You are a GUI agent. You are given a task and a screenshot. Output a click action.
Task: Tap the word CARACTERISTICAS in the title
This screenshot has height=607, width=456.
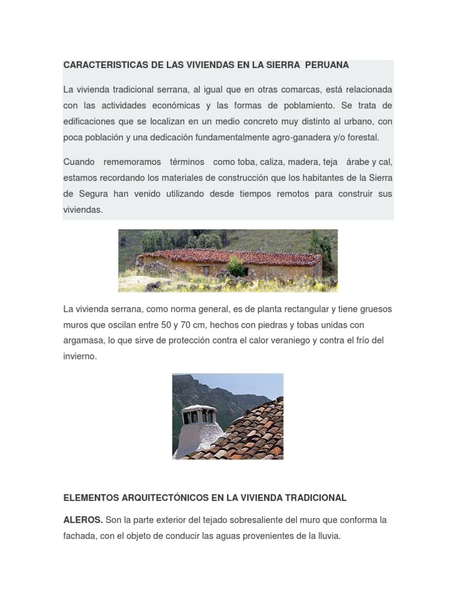100,65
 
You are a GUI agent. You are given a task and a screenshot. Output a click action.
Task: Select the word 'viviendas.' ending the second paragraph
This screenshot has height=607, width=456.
83,209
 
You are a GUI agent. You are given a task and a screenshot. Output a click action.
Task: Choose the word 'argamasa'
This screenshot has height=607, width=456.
83,341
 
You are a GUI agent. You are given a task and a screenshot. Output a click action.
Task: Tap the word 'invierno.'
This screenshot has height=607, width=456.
80,357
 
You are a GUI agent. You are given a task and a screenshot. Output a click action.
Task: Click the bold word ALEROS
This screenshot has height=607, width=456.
83,520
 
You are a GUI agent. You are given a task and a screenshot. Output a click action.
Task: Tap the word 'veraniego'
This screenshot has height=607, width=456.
290,341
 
